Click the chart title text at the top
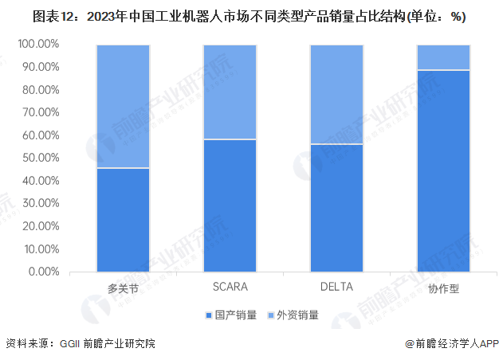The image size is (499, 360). click(249, 16)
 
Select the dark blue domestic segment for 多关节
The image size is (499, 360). click(123, 220)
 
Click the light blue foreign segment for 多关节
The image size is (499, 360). click(123, 106)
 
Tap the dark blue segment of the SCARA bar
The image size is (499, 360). click(230, 205)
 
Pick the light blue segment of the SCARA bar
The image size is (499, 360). click(230, 92)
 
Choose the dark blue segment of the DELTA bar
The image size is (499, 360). click(336, 208)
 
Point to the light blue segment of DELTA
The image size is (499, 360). click(336, 94)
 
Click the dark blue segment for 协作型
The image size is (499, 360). click(443, 171)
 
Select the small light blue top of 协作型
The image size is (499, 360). click(443, 57)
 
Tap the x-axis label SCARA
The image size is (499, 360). click(230, 286)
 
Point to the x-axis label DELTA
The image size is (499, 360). click(336, 286)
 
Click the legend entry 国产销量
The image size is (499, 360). click(235, 315)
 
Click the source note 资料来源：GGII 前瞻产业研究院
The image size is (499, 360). click(80, 344)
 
